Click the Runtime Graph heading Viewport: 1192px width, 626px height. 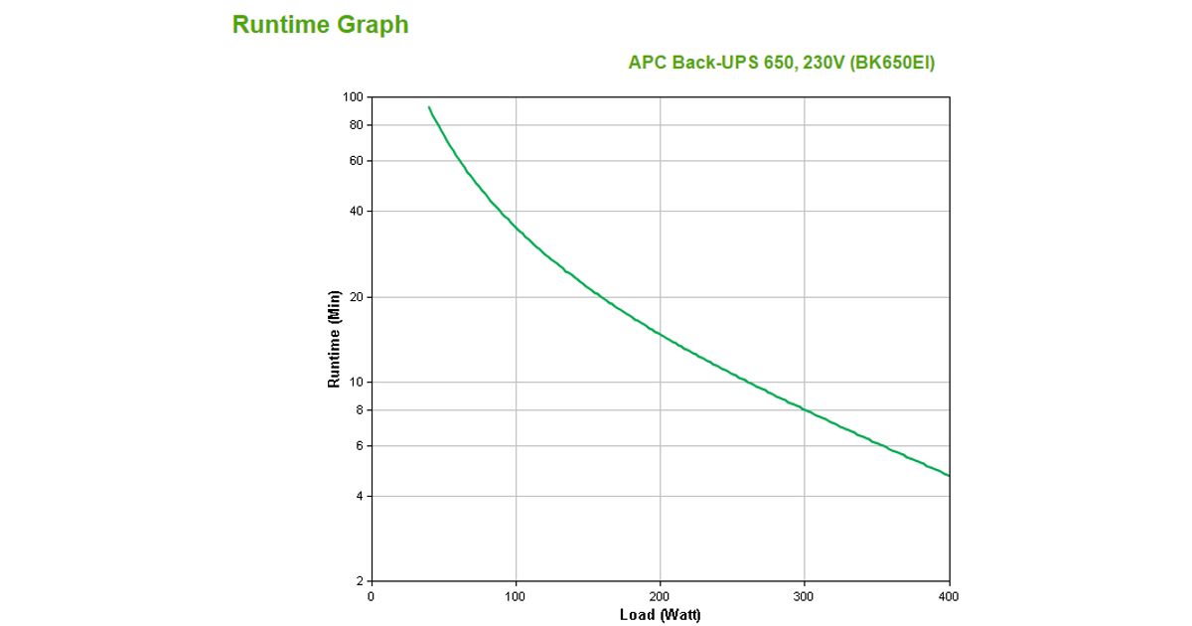[320, 25]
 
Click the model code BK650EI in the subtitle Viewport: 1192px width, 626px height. [892, 63]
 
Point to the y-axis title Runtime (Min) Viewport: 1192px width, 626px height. [335, 339]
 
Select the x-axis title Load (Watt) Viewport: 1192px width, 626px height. [660, 615]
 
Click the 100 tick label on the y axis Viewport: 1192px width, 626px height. [354, 97]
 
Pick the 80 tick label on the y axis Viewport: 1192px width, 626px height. [357, 125]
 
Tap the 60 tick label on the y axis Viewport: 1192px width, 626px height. [357, 161]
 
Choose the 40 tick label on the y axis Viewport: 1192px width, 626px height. [357, 212]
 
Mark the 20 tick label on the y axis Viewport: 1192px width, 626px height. [357, 297]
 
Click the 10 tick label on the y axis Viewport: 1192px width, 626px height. [357, 383]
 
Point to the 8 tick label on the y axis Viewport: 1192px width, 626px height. [360, 410]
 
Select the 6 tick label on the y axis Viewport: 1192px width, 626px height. [360, 446]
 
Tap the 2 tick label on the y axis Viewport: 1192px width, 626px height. [360, 581]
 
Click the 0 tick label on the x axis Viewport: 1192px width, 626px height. [371, 596]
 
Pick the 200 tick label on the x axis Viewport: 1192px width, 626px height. [660, 596]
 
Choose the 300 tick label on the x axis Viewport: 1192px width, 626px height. [805, 596]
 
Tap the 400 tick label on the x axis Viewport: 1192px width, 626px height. [949, 596]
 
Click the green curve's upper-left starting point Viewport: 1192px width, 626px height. [429, 107]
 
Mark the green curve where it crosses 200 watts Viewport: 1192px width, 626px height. [660, 334]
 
